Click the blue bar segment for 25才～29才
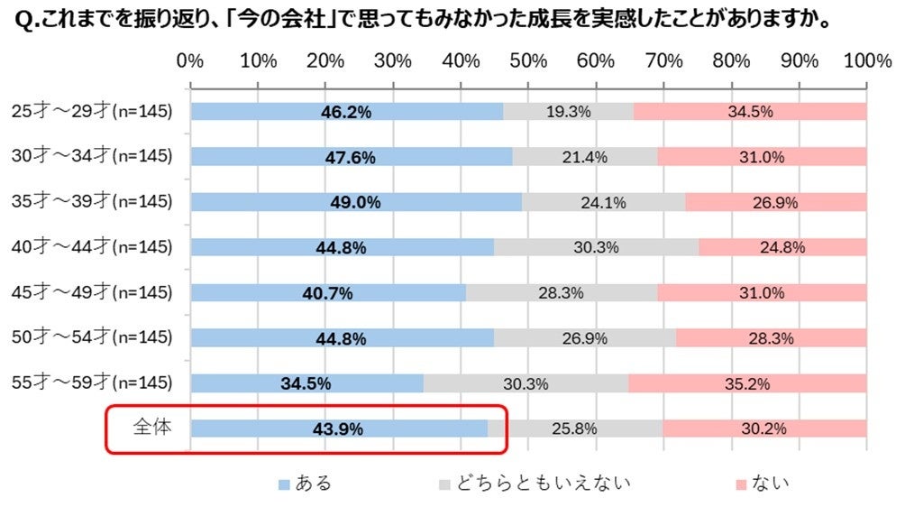(346, 112)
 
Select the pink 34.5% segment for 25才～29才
(750, 112)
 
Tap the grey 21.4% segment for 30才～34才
(584, 157)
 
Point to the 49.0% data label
(353, 202)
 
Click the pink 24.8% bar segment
(782, 247)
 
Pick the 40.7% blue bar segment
(328, 292)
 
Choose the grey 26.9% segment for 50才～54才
(584, 338)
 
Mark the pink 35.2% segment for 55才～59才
(746, 383)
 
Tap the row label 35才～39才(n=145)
(92, 202)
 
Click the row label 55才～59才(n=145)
(92, 383)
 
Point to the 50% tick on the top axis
(528, 61)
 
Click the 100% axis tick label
(867, 61)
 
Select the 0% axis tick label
(189, 61)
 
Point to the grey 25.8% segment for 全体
(575, 429)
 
